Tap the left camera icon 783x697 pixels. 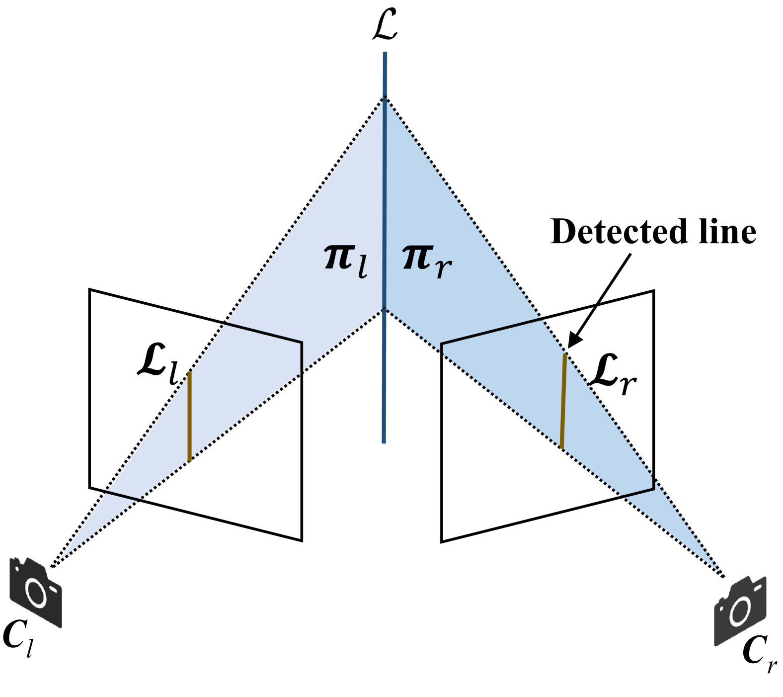36,592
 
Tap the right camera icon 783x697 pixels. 740,611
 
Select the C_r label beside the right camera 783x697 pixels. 759,654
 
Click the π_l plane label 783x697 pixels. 346,261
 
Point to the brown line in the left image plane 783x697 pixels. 189,417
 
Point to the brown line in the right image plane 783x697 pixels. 563,401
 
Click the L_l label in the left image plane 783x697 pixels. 158,367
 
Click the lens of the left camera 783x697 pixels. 36,593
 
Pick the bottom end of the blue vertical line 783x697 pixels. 384,441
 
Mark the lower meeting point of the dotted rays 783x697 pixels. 385,308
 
